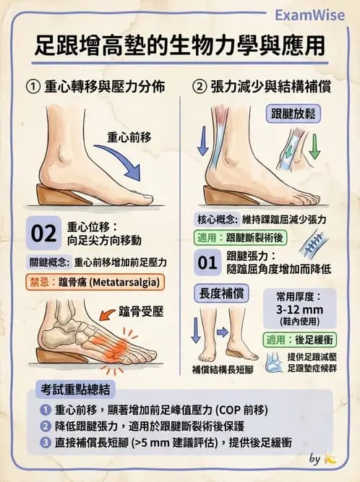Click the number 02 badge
[44, 233]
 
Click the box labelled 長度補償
[221, 293]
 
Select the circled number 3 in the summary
[45, 442]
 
